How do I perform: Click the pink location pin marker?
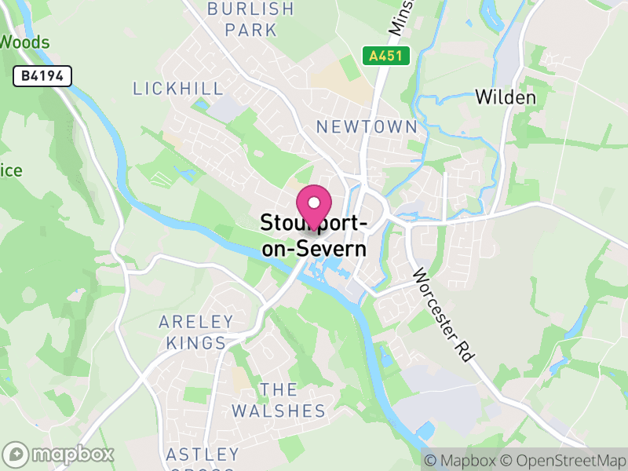coord(314,206)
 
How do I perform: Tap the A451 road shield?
coord(379,56)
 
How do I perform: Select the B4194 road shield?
coord(42,76)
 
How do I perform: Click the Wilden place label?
coord(506,97)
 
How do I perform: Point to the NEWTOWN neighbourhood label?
coord(366,126)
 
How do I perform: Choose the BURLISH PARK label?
coord(250,20)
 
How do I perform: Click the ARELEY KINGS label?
coord(196,332)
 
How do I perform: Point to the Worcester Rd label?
coord(444,314)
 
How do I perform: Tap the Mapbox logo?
coord(60,454)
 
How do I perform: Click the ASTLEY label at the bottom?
coord(203,455)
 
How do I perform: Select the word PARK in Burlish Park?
coord(250,30)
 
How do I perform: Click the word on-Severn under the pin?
coord(314,250)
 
